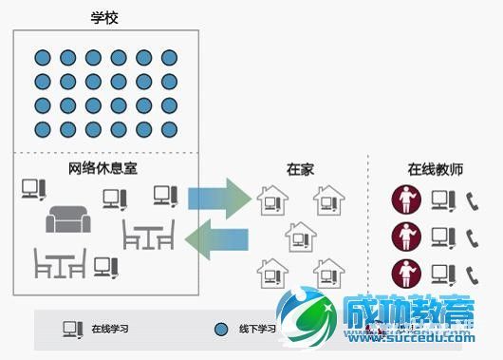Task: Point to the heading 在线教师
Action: pyautogui.click(x=435, y=169)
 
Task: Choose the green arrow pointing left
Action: pyautogui.click(x=217, y=237)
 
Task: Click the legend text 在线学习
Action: pyautogui.click(x=110, y=329)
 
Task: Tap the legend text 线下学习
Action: pyautogui.click(x=257, y=329)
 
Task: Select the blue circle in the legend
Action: pyautogui.click(x=221, y=329)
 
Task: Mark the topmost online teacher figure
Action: pyautogui.click(x=406, y=199)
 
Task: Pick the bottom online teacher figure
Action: pyautogui.click(x=406, y=273)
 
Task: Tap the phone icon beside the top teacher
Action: pyautogui.click(x=472, y=199)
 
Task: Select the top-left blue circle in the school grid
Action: pyautogui.click(x=42, y=58)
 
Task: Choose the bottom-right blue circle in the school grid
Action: pyautogui.click(x=169, y=129)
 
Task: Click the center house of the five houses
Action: pyautogui.click(x=300, y=236)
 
